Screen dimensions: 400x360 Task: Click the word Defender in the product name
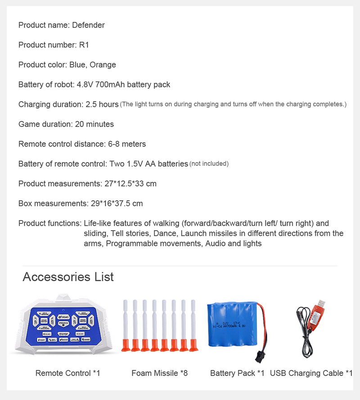point(88,25)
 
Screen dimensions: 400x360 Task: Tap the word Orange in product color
point(103,65)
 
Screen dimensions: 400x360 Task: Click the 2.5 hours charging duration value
point(102,105)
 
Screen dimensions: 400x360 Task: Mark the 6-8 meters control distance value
point(127,144)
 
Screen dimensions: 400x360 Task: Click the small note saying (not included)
point(209,164)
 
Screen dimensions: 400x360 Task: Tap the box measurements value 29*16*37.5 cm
point(117,204)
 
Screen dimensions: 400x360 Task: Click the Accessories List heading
point(68,277)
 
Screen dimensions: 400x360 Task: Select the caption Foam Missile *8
point(159,373)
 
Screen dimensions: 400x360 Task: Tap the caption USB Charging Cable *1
point(311,373)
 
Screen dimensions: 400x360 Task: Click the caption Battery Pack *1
point(237,373)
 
